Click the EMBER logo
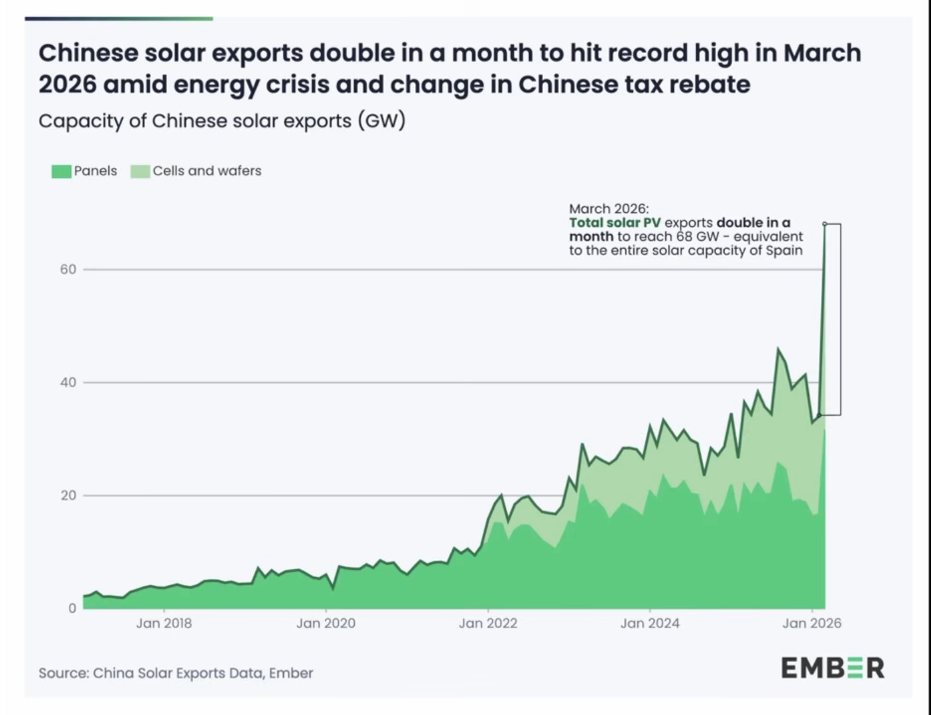[x=832, y=667]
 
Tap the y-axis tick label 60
[x=68, y=269]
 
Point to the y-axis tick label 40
[x=68, y=383]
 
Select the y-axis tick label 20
[x=68, y=495]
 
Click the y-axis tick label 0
[x=72, y=608]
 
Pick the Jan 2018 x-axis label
[x=164, y=623]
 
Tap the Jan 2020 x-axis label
[x=326, y=623]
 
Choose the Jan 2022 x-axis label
[x=488, y=623]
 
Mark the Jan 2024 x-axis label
[x=650, y=623]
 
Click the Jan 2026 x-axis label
[x=812, y=623]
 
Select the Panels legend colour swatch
[x=61, y=171]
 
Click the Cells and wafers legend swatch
[x=141, y=171]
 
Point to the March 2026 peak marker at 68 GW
[x=825, y=224]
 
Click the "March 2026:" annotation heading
[x=609, y=208]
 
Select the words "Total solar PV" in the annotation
[x=615, y=222]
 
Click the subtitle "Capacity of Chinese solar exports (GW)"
[x=221, y=121]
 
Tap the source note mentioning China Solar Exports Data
[x=176, y=673]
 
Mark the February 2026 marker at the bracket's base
[x=820, y=415]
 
